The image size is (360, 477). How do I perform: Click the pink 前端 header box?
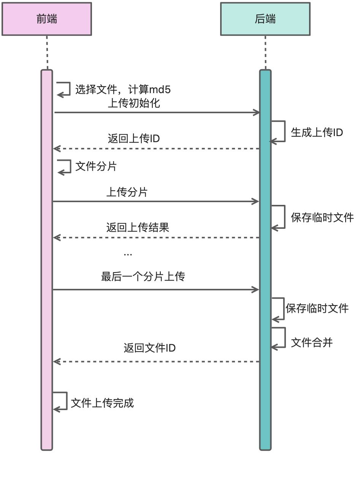point(47,19)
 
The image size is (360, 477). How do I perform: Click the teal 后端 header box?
point(265,19)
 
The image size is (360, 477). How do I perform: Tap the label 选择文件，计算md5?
point(123,90)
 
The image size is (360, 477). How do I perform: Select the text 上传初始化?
point(134,103)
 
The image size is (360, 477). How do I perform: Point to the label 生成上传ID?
point(317,132)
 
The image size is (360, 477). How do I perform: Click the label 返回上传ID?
point(134,139)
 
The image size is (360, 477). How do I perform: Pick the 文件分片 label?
point(96,166)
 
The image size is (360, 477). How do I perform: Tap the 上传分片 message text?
point(127,192)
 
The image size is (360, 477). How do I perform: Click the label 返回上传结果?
point(138,228)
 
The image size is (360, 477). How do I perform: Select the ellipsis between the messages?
point(128,254)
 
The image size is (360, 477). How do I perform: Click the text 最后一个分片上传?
point(143,277)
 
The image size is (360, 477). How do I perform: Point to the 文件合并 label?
point(312,343)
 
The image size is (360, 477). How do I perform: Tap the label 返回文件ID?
point(149,348)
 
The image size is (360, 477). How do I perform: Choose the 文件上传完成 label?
point(102,403)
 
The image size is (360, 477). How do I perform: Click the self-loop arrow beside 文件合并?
point(279,338)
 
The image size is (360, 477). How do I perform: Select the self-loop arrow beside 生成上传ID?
point(279,132)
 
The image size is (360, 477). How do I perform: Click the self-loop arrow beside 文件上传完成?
point(61,401)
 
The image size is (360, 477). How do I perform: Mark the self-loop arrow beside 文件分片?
point(65,166)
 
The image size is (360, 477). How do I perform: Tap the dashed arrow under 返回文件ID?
point(156,362)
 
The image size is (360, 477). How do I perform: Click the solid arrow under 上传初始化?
point(156,113)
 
